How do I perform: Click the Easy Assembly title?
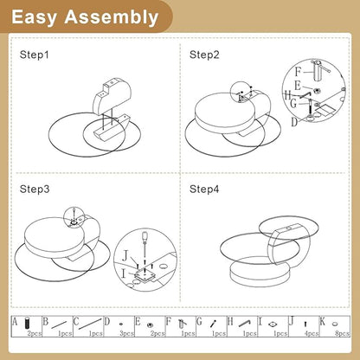coord(85,17)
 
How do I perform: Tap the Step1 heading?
coord(35,55)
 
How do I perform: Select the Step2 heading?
coord(204,55)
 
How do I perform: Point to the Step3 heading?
coord(35,190)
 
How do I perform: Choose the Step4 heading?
coord(204,190)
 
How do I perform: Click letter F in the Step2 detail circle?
coord(298,72)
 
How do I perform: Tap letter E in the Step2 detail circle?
coord(298,86)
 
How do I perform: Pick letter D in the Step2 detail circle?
coord(294,122)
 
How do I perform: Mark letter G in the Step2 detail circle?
coord(293,103)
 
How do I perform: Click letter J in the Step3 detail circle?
coord(125,255)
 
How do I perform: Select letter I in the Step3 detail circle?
coord(124,273)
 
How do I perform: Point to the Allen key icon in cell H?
coord(245,324)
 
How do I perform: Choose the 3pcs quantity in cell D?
coord(126,333)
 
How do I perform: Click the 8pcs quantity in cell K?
coord(342,333)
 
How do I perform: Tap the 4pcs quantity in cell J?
coord(312,333)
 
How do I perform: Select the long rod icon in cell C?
coord(90,324)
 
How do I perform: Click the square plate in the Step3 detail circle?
coord(144,275)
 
